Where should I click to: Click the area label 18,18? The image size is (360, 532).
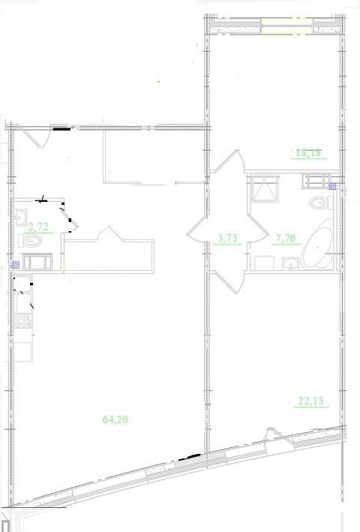[x=308, y=152]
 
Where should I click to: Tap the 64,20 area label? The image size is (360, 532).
[x=115, y=419]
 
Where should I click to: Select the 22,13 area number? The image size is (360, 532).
[x=310, y=401]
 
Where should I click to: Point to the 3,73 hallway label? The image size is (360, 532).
[x=227, y=238]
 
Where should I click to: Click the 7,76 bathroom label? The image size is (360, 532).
[x=286, y=238]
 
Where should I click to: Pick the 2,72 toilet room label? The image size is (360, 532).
[x=38, y=227]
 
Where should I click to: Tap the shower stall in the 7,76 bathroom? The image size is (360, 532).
[x=264, y=188]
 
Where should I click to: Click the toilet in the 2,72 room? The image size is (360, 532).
[x=31, y=241]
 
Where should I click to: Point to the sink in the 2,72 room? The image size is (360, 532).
[x=21, y=217]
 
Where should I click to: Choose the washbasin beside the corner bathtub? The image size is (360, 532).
[x=290, y=263]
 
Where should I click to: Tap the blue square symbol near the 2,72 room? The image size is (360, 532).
[x=15, y=265]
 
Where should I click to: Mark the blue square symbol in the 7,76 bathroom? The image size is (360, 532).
[x=332, y=186]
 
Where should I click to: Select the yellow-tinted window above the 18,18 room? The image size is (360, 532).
[x=286, y=26]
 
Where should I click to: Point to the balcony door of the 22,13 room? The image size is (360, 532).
[x=279, y=440]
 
